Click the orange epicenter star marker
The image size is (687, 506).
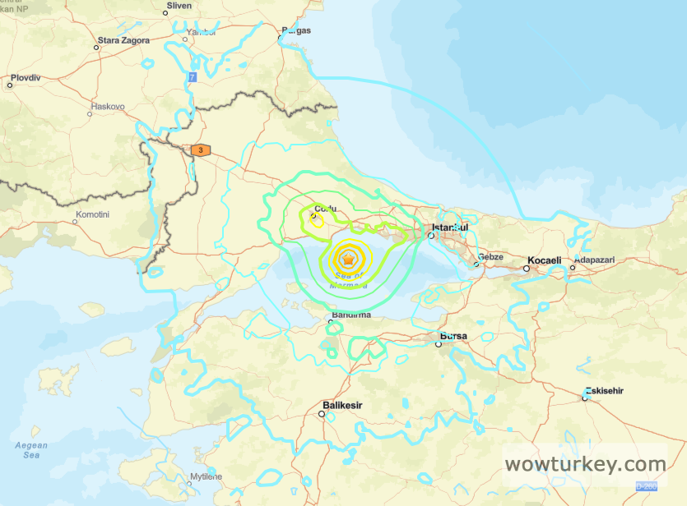click(349, 260)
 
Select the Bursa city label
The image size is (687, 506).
click(453, 336)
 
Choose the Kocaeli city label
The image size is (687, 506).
click(544, 260)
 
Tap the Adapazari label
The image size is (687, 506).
click(594, 260)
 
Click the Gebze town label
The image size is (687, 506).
click(490, 257)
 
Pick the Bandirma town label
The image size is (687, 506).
click(350, 315)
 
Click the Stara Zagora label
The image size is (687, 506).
click(123, 39)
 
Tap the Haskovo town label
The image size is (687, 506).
click(107, 107)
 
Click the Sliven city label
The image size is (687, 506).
click(179, 5)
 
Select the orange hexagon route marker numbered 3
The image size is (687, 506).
click(200, 150)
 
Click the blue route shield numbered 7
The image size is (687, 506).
click(193, 76)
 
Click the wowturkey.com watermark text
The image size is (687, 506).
click(585, 464)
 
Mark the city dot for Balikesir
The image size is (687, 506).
click(322, 414)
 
